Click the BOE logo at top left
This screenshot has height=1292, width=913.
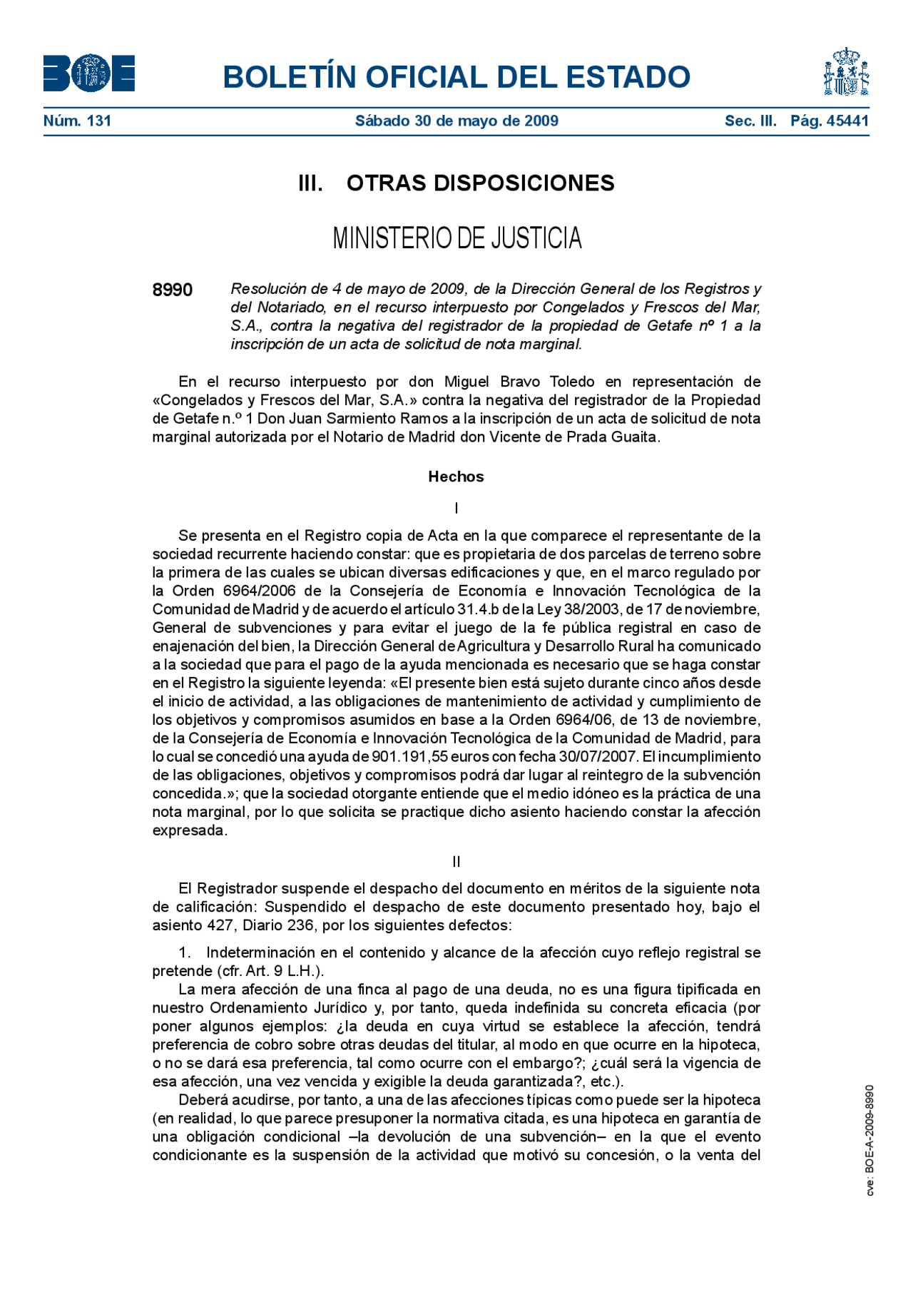(x=89, y=73)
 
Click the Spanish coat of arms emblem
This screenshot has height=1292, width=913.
(x=846, y=72)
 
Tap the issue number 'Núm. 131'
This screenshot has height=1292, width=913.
(x=77, y=121)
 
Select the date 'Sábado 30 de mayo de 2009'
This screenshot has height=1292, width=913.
(x=456, y=121)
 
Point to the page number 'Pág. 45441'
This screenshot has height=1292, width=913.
(x=830, y=121)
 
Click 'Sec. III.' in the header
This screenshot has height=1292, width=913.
(x=750, y=121)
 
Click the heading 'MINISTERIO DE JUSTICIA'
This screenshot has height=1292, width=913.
(x=457, y=238)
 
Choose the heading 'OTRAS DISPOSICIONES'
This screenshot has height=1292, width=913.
(x=480, y=183)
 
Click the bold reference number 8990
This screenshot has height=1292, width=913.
(x=173, y=290)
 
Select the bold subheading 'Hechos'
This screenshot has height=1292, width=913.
(x=456, y=477)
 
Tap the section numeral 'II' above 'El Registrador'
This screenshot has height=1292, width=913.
(x=456, y=862)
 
